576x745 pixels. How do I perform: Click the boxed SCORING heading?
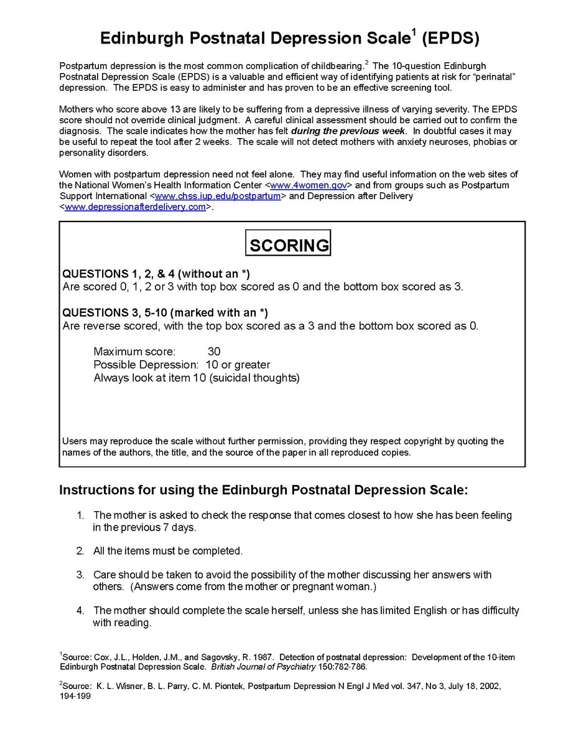click(x=288, y=244)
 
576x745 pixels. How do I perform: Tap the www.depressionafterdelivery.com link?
click(x=135, y=207)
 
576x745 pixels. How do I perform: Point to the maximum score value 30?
click(x=214, y=351)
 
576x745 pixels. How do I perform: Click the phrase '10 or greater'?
click(x=238, y=365)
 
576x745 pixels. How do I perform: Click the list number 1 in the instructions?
click(x=80, y=516)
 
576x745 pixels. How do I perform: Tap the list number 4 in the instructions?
click(x=80, y=611)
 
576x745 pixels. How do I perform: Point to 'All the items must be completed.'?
click(x=168, y=551)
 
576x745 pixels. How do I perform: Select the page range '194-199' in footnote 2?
click(x=75, y=696)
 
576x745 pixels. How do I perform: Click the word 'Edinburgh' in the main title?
click(x=142, y=39)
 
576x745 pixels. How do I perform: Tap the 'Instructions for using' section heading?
click(x=262, y=490)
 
